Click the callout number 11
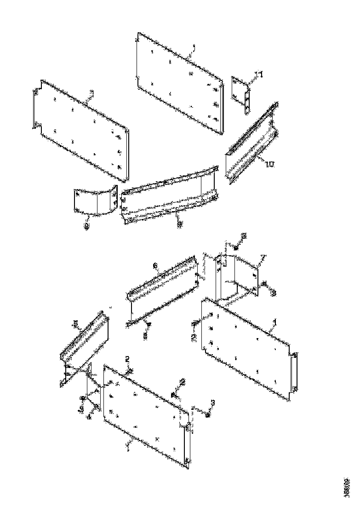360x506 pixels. (259, 75)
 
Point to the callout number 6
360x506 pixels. (155, 266)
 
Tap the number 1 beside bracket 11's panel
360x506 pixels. (194, 47)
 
